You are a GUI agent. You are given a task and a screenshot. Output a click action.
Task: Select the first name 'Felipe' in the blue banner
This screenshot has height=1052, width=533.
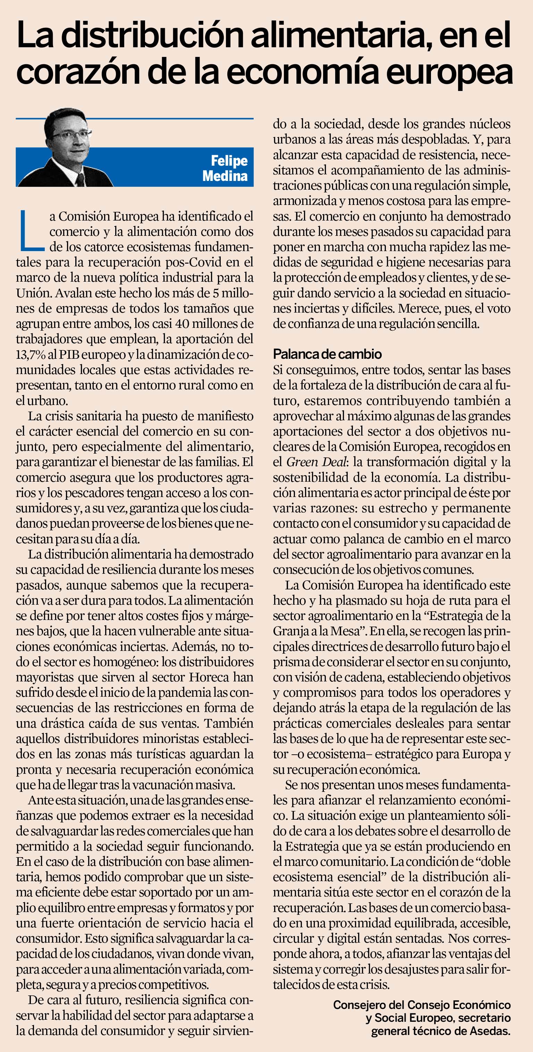pyautogui.click(x=229, y=160)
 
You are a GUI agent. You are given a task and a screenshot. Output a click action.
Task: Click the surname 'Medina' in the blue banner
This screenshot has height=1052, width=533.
pyautogui.click(x=225, y=176)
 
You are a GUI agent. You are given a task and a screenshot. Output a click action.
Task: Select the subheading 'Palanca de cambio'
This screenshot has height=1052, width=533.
pyautogui.click(x=327, y=354)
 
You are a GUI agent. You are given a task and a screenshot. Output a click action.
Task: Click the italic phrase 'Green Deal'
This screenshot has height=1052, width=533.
pyautogui.click(x=316, y=462)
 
